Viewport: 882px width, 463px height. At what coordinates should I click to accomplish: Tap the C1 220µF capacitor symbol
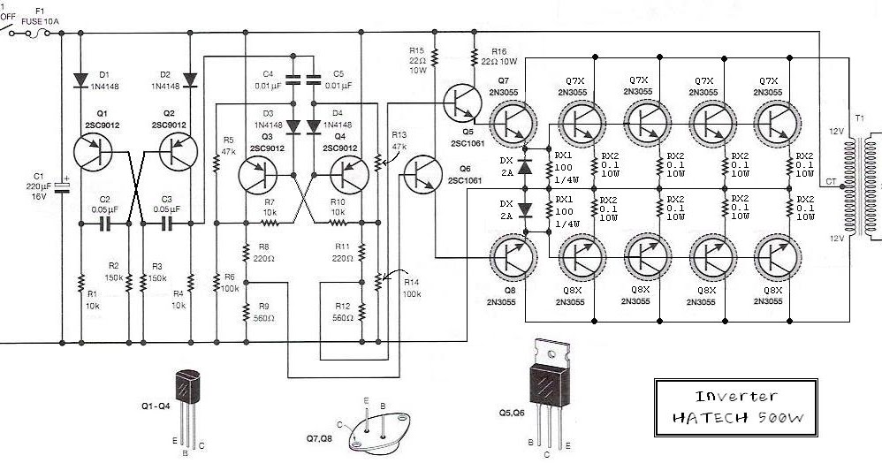64,187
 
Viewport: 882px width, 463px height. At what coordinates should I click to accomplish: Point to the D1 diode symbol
80,79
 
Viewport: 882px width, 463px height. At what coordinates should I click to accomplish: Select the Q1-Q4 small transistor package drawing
189,394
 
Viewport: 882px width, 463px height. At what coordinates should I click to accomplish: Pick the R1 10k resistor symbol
80,284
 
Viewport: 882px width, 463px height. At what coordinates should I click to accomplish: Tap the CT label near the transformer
830,182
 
